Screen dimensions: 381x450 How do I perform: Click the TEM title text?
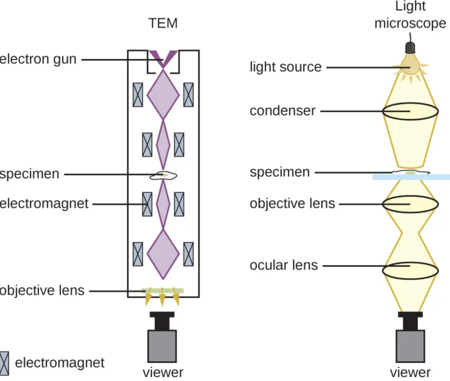click(x=163, y=23)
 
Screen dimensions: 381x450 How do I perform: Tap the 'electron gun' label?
click(x=38, y=59)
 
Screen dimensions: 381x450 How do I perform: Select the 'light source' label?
click(x=285, y=67)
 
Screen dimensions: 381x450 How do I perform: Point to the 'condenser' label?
click(x=282, y=111)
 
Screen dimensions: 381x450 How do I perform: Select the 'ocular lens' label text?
click(x=283, y=265)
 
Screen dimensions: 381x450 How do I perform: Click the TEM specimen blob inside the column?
click(x=163, y=176)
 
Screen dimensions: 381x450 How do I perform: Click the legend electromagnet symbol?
click(x=4, y=363)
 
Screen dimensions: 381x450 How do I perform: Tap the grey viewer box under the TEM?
click(x=162, y=346)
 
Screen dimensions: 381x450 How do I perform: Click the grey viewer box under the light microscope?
click(x=410, y=346)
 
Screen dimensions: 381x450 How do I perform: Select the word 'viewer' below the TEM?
click(x=163, y=373)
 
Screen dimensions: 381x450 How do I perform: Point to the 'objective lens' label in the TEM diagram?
click(x=42, y=290)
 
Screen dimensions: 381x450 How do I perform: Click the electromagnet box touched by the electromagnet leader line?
click(x=147, y=204)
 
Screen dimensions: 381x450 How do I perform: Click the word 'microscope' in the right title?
click(x=410, y=23)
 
